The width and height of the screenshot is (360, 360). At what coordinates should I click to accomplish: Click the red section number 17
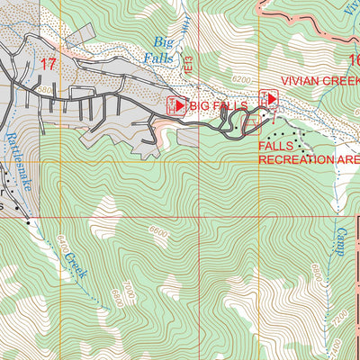pyautogui.click(x=49, y=64)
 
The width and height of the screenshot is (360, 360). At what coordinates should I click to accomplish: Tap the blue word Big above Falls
pyautogui.click(x=163, y=41)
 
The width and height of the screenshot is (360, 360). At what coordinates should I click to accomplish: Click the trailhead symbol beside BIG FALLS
pyautogui.click(x=177, y=105)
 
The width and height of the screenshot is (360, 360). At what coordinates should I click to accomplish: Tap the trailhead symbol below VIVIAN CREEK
pyautogui.click(x=268, y=98)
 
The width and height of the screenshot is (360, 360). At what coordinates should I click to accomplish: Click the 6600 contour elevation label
pyautogui.click(x=158, y=231)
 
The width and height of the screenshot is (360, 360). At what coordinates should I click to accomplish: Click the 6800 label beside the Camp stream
pyautogui.click(x=315, y=270)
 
